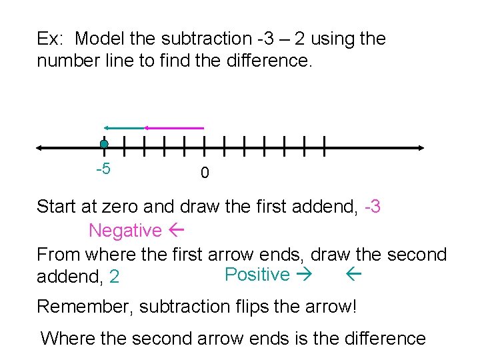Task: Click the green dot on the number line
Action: (104, 144)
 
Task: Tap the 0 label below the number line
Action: (205, 173)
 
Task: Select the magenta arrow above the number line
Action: (174, 127)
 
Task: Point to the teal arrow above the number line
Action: (123, 127)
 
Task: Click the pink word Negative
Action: (125, 231)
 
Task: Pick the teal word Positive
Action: (257, 275)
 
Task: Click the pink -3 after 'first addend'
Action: (373, 207)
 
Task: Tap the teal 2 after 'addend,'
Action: (115, 276)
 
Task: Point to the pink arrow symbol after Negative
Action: (177, 231)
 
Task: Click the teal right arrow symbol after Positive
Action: (307, 275)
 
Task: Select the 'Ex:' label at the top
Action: (49, 39)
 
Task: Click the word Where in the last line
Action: (67, 339)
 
